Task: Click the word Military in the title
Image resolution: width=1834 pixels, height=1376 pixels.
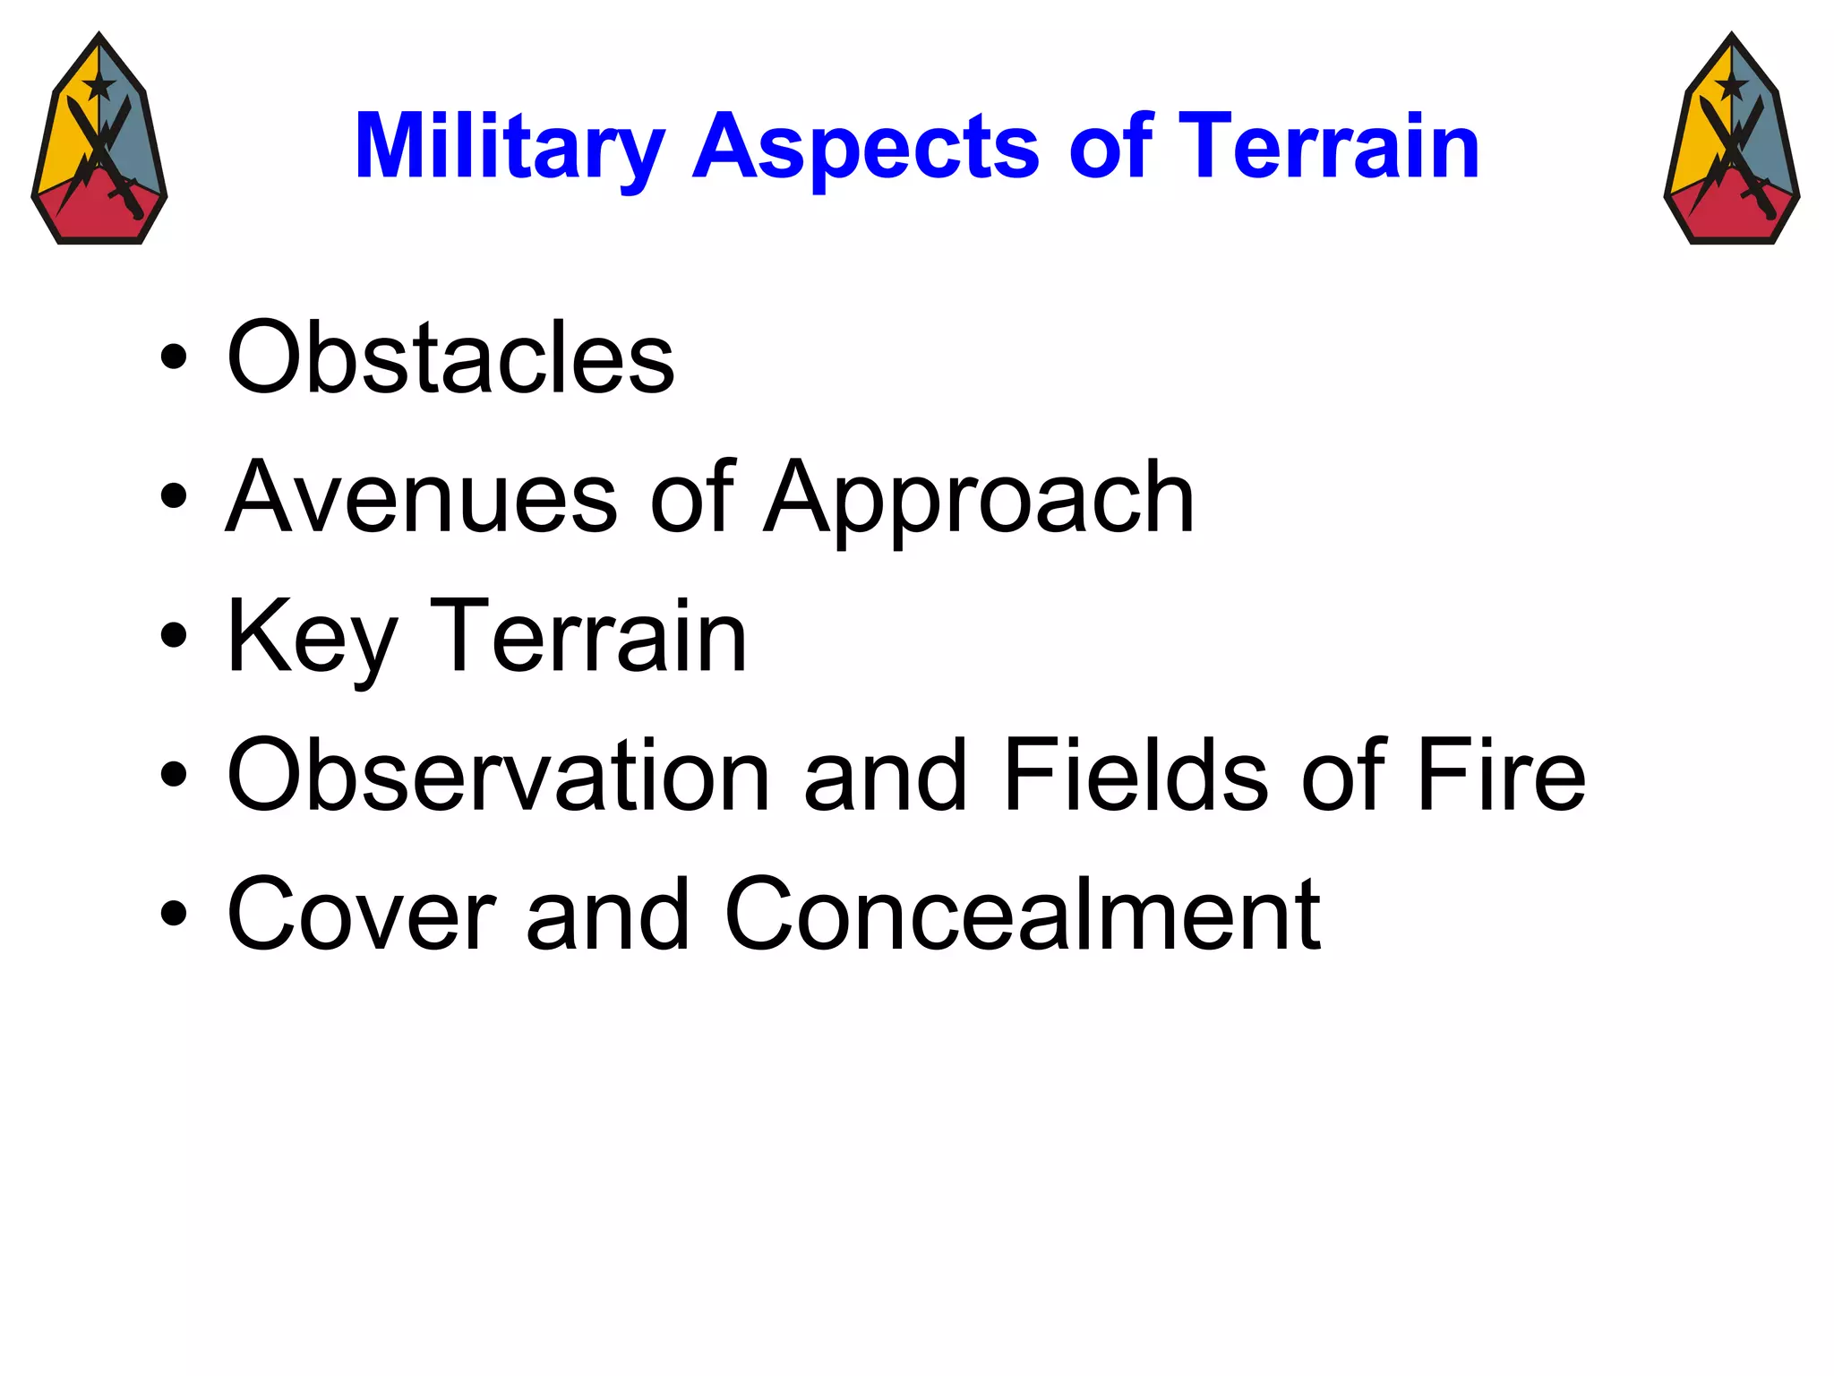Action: (509, 146)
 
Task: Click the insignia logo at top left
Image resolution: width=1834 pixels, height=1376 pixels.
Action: (99, 139)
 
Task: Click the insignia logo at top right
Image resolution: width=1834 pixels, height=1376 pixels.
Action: (1732, 139)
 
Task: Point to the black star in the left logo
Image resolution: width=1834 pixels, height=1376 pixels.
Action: (99, 86)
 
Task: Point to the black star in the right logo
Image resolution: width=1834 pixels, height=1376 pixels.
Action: (1731, 86)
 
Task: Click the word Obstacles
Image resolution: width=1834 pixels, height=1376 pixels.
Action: (450, 357)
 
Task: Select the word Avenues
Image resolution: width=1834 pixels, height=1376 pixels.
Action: (421, 497)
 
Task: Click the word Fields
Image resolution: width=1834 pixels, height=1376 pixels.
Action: (1136, 775)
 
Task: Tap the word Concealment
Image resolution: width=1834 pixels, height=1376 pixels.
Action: (1022, 915)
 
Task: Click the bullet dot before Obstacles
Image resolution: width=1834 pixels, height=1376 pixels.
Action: (174, 358)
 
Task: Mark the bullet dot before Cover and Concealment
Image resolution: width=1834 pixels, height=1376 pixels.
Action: (174, 916)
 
